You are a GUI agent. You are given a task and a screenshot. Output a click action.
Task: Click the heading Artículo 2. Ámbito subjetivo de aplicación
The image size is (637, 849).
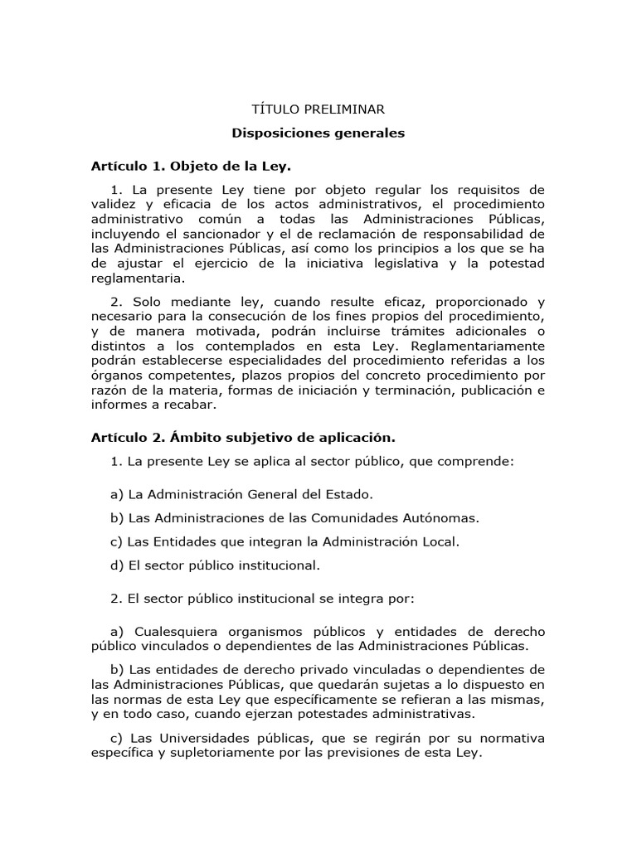[243, 437]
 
